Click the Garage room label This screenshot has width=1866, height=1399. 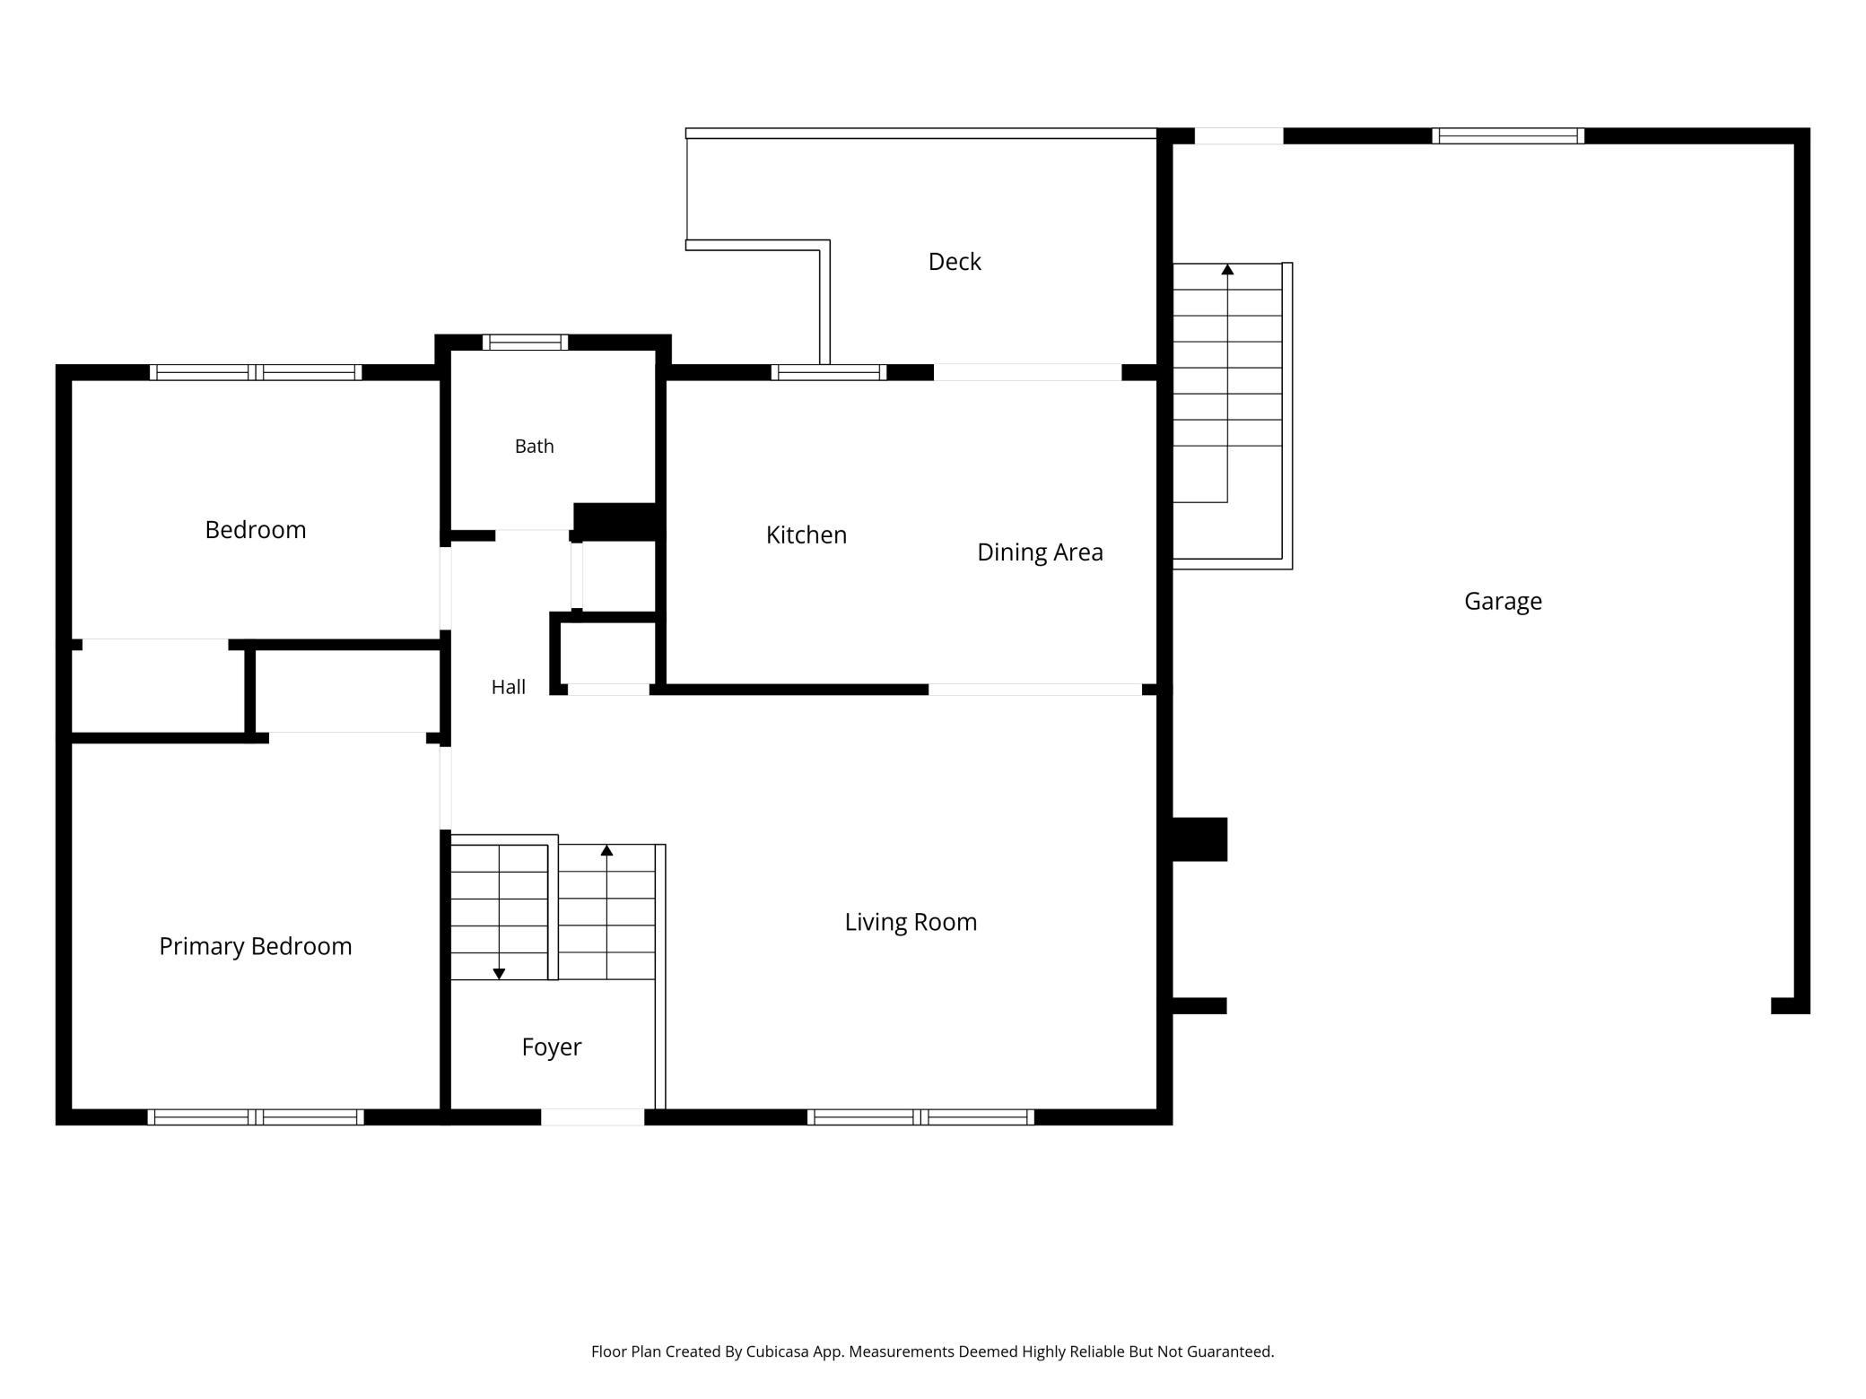[1503, 602]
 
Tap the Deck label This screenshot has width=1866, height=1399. [955, 262]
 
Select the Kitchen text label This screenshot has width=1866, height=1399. [807, 535]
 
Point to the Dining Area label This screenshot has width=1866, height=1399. [1040, 552]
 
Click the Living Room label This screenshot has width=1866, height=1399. [911, 922]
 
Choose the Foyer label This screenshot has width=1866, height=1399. [552, 1047]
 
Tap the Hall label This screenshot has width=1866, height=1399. [509, 687]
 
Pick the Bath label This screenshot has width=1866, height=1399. [535, 447]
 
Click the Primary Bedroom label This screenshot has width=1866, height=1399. [256, 946]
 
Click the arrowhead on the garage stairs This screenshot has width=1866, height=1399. [1227, 269]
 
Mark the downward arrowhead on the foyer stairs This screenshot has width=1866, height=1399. [500, 974]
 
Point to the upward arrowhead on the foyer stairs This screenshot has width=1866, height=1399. [606, 850]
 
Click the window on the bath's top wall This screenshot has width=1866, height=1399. [525, 343]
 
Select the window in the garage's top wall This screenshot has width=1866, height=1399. [1508, 136]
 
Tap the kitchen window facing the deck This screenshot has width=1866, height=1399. [829, 372]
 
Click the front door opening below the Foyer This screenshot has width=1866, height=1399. [592, 1117]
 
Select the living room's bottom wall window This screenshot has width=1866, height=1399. [920, 1117]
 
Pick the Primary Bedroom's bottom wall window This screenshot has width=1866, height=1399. [256, 1117]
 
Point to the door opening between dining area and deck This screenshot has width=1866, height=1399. [1027, 372]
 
